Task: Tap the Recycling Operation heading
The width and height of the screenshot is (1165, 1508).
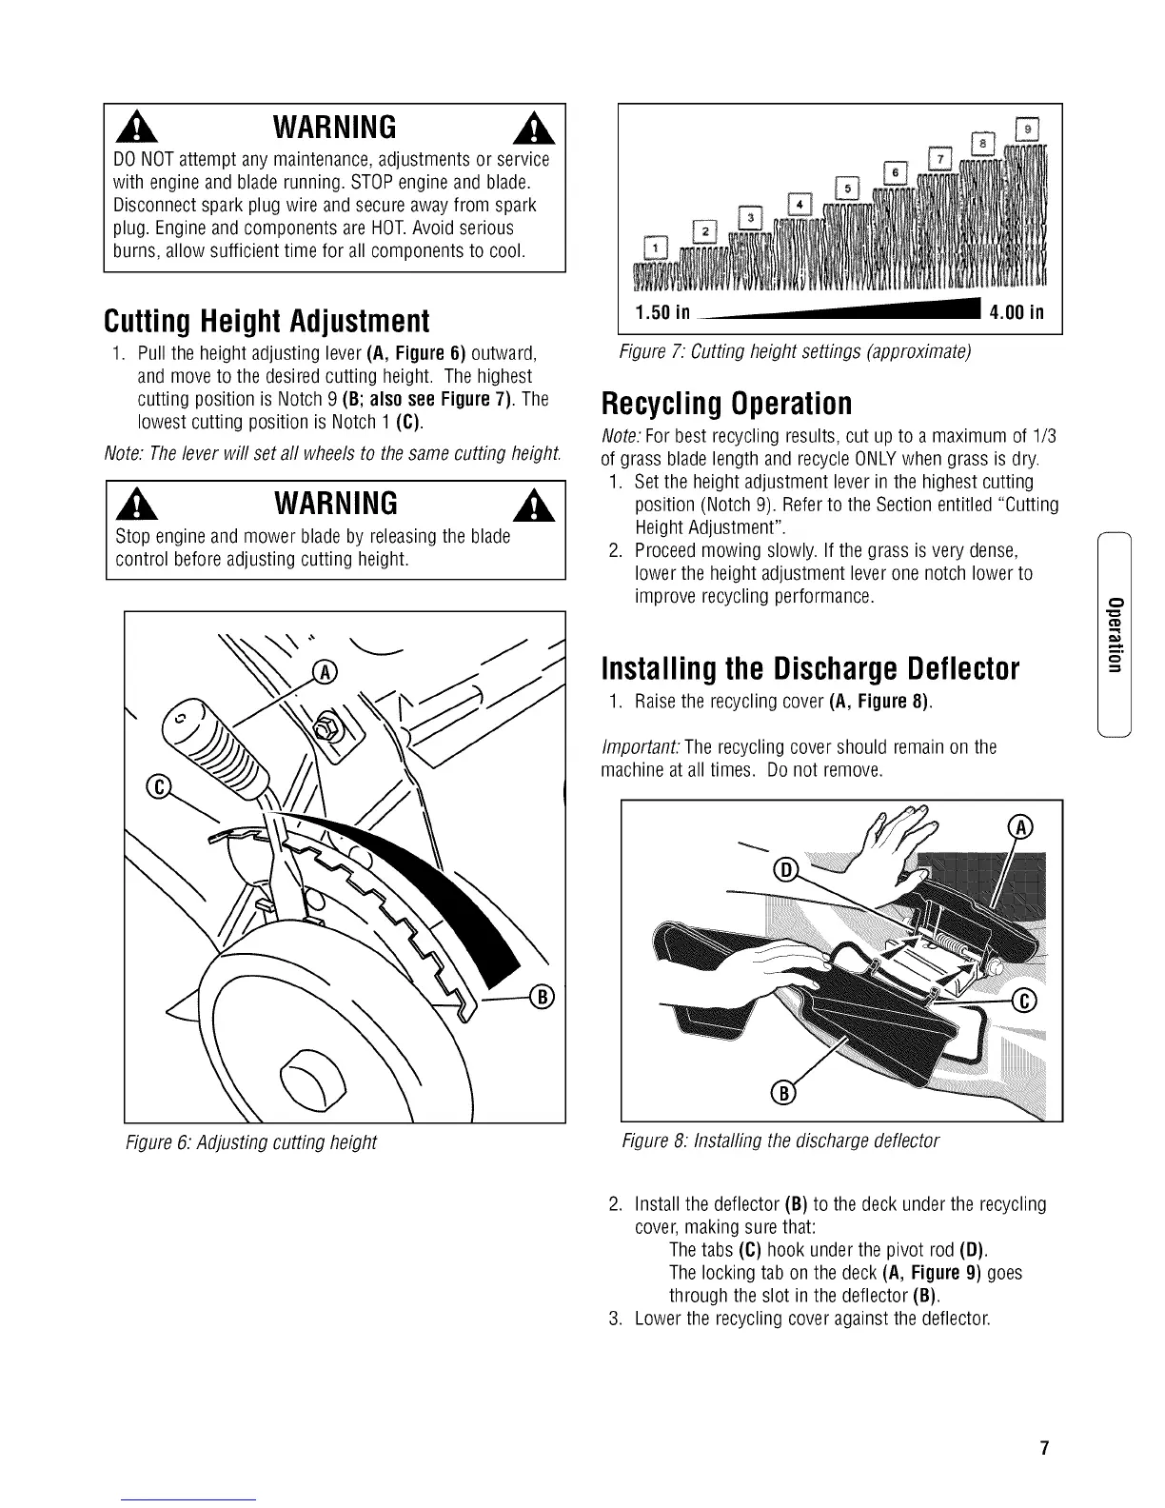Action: [726, 403]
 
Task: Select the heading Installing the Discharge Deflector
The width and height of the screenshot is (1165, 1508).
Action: [810, 669]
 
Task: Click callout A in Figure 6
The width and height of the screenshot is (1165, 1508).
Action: [326, 673]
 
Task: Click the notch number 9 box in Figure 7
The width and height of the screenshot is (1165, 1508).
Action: [1028, 128]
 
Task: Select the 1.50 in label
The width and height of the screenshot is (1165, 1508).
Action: [662, 312]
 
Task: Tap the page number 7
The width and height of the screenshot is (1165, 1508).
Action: [1044, 1449]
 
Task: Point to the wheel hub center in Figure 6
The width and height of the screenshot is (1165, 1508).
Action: [306, 1075]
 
